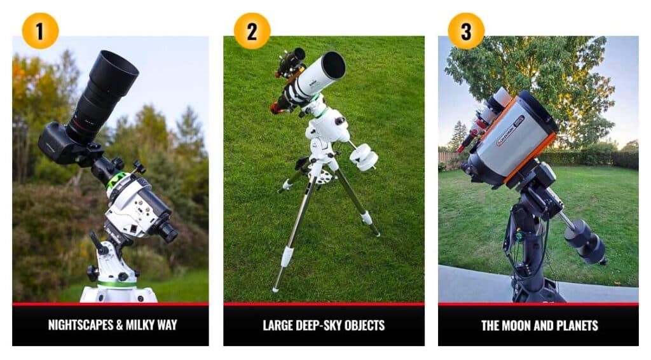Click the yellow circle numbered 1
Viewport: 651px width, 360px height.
[40, 31]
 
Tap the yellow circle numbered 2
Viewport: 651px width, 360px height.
[252, 31]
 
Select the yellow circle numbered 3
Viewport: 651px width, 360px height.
[466, 31]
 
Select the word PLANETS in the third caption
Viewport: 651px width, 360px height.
[576, 326]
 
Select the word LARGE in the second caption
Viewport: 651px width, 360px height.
[280, 326]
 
